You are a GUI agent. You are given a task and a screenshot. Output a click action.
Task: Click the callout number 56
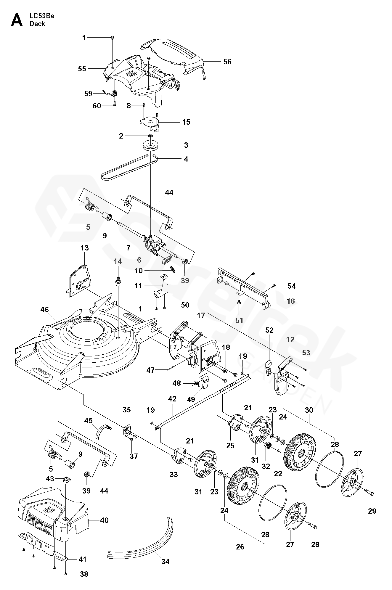[x=227, y=62]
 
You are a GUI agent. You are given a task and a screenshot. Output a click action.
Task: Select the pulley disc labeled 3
[x=150, y=146]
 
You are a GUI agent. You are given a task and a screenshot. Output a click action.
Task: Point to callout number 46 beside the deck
[x=45, y=310]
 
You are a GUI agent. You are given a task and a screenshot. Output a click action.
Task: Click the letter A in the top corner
[x=17, y=20]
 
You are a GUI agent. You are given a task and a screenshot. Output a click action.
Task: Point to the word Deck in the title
[x=37, y=24]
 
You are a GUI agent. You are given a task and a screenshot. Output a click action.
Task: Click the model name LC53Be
[x=42, y=16]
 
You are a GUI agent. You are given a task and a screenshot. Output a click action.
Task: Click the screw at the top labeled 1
[x=113, y=37]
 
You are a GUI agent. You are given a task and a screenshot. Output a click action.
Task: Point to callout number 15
[x=186, y=122]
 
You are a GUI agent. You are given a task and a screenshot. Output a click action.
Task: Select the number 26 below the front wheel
[x=240, y=547]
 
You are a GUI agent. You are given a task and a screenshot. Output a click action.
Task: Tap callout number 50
[x=185, y=305]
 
